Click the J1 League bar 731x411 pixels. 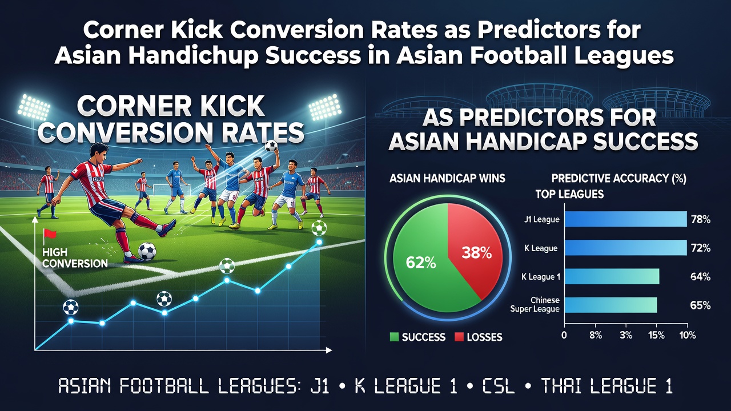[625, 219]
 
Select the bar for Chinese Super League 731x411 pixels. [610, 305]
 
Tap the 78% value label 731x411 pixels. [700, 220]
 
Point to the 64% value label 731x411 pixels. [700, 277]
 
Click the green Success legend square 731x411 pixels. [394, 337]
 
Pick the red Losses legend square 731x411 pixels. [459, 337]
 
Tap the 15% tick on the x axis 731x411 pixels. [656, 335]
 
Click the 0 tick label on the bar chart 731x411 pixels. [564, 335]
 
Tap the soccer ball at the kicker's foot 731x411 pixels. [147, 252]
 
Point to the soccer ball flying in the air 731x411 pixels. [271, 146]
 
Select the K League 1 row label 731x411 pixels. [541, 277]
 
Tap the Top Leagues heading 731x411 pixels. [569, 195]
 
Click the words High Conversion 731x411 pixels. [75, 257]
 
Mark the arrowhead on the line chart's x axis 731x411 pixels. [329, 350]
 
